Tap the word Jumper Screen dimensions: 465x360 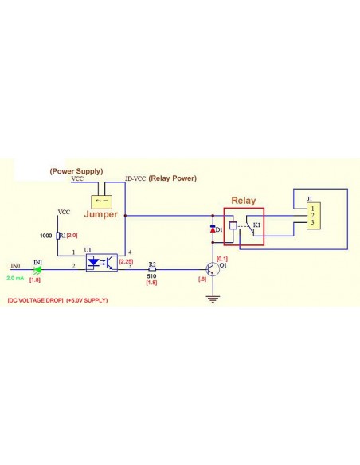pyautogui.click(x=100, y=215)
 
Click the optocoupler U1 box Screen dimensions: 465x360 pyautogui.click(x=101, y=260)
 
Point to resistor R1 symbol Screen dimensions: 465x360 pyautogui.click(x=60, y=236)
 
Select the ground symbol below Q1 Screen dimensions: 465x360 pyautogui.click(x=213, y=299)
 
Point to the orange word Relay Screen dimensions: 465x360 pyautogui.click(x=243, y=201)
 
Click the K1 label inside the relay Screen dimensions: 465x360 pyautogui.click(x=256, y=226)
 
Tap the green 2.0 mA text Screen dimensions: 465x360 pyautogui.click(x=15, y=279)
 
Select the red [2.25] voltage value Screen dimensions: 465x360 pyautogui.click(x=126, y=260)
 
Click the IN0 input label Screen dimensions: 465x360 pyautogui.click(x=15, y=266)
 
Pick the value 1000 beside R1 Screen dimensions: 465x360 pyautogui.click(x=45, y=236)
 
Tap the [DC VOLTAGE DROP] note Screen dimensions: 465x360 pyautogui.click(x=34, y=300)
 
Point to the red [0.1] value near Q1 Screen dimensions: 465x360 pyautogui.click(x=222, y=259)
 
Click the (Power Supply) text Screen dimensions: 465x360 pyautogui.click(x=76, y=171)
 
